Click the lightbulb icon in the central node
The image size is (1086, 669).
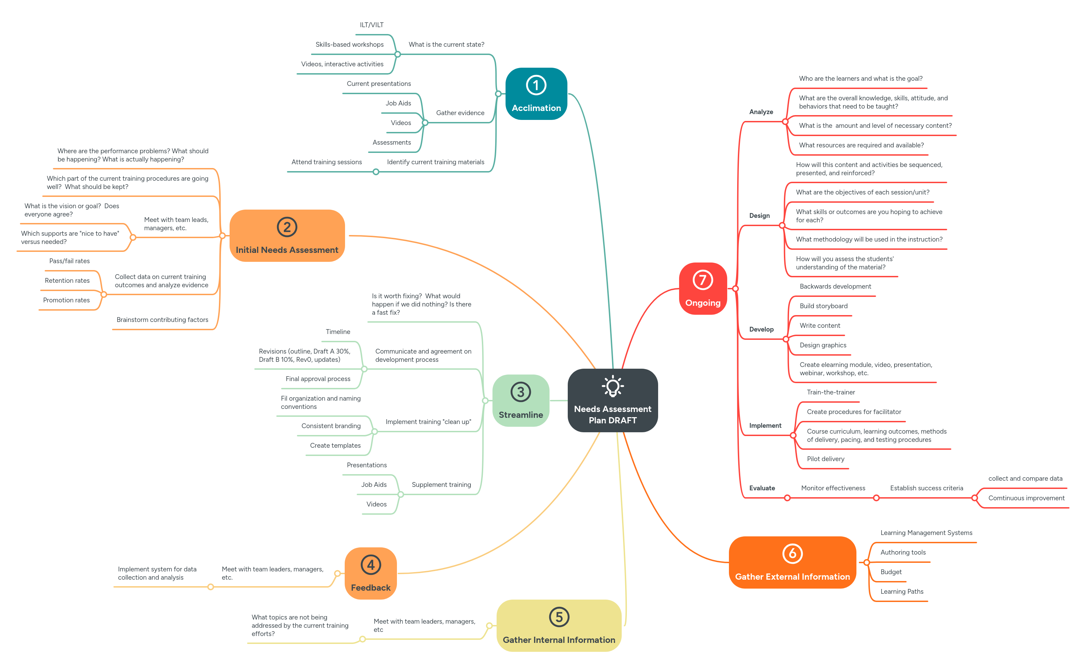(x=612, y=387)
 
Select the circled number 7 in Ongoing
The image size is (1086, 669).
(x=702, y=280)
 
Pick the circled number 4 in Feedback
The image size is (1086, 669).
(x=370, y=565)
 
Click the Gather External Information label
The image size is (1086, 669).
(x=792, y=577)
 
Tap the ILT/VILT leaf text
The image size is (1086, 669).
(x=371, y=25)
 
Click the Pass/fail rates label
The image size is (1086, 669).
(x=69, y=261)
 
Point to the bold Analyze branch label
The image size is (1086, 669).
(x=761, y=112)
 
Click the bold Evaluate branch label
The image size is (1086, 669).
(x=762, y=488)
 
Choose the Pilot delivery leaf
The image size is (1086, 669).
(x=825, y=459)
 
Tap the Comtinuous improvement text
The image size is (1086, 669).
(x=1026, y=498)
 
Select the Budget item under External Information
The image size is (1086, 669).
(x=890, y=572)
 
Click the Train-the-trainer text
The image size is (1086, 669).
(x=831, y=392)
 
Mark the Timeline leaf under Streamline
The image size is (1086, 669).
(x=338, y=332)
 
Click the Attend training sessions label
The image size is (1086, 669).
(x=326, y=162)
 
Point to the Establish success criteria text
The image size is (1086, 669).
(x=926, y=488)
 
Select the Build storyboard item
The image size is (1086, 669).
(x=823, y=306)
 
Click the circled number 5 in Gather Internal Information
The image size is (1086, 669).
(x=558, y=617)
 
